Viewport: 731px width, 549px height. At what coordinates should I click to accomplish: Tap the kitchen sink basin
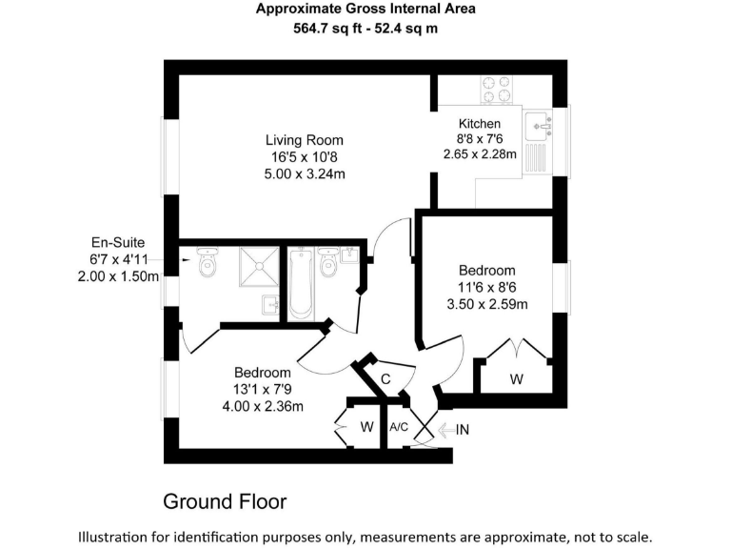coord(539,124)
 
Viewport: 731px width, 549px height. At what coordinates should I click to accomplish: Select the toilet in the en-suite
coord(207,264)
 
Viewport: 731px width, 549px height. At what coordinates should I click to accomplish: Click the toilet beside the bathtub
coord(329,264)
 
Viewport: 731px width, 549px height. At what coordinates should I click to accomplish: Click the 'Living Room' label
coord(304,140)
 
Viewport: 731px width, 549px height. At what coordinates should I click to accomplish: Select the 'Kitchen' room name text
coord(479,124)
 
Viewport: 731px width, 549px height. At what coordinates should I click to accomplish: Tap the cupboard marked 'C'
coord(385,378)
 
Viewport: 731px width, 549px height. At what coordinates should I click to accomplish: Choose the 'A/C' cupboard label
coord(399,427)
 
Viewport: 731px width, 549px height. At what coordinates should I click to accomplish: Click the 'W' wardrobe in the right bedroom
coord(516,379)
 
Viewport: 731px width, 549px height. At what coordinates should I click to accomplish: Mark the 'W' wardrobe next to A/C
coord(366,426)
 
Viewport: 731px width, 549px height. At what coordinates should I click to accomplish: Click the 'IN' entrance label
coord(463,430)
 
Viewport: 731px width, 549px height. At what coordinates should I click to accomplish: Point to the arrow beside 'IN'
coord(444,430)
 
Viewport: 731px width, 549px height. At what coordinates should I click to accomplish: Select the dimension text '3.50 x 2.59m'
coord(487,304)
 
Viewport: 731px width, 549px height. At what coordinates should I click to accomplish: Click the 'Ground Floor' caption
coord(225,500)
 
